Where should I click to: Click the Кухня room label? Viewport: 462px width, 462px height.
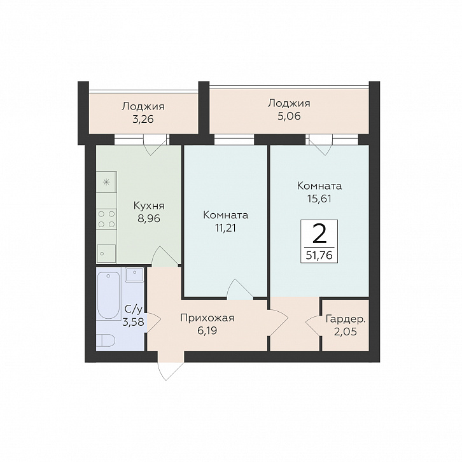click(x=149, y=206)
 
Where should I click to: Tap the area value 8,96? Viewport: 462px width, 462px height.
click(x=149, y=219)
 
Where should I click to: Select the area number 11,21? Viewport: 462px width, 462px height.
click(x=225, y=228)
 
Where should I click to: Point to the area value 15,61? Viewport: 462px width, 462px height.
click(x=319, y=199)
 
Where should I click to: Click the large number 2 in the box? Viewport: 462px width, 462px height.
click(x=319, y=234)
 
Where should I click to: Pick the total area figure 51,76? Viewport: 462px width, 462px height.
click(x=319, y=255)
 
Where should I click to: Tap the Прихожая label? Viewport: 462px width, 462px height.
click(x=207, y=319)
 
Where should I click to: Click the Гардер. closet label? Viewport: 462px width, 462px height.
click(x=346, y=319)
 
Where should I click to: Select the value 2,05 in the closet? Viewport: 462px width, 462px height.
click(x=346, y=332)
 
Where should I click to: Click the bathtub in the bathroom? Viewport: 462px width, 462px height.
click(x=108, y=295)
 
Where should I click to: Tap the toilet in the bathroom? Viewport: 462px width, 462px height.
click(x=106, y=340)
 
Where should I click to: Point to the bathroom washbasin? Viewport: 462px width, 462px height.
click(x=134, y=275)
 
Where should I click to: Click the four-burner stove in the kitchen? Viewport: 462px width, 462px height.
click(x=106, y=219)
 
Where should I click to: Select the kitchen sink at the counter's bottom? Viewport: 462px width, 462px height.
click(x=106, y=253)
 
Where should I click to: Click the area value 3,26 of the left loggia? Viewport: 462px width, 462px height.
click(x=143, y=120)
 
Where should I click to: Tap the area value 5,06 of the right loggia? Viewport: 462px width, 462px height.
click(x=289, y=116)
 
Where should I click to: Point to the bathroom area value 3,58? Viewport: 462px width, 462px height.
click(x=133, y=322)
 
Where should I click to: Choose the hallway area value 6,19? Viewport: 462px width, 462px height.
click(x=207, y=331)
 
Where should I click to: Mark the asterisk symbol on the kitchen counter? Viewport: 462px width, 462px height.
click(x=106, y=183)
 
